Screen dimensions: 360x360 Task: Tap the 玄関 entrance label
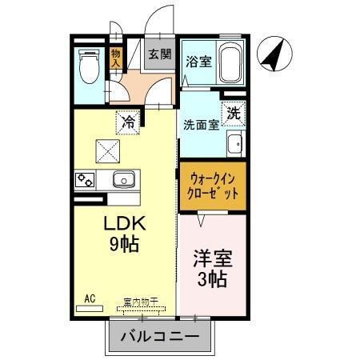(x=160, y=54)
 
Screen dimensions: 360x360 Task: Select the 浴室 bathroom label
(x=200, y=60)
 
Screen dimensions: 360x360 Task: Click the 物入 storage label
(x=116, y=58)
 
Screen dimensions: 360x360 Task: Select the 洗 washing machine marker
(x=233, y=114)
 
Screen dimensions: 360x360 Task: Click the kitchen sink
(x=125, y=178)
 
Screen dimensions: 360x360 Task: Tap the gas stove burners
(x=86, y=178)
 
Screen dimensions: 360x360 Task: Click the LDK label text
(x=122, y=223)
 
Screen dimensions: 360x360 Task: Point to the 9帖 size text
(x=123, y=244)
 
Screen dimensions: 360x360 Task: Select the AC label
(x=89, y=298)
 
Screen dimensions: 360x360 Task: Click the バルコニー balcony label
(x=161, y=337)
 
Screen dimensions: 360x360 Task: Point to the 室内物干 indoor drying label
(x=141, y=302)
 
